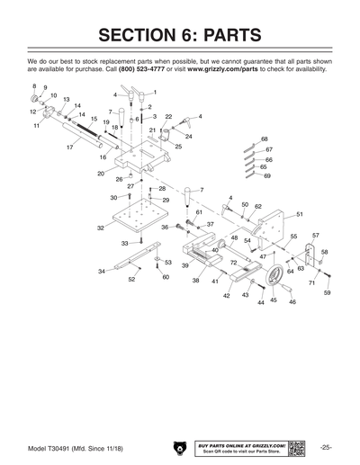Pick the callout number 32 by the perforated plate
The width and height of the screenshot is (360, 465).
point(101,228)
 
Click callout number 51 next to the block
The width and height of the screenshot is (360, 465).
point(299,214)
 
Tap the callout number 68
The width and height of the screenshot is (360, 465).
point(265,139)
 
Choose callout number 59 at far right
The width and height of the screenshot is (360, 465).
point(327,293)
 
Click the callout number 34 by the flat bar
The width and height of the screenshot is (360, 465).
point(102,271)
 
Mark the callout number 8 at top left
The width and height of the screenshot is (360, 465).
point(34,86)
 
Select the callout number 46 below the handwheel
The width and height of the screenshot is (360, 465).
point(292,302)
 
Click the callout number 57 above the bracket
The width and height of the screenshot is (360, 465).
point(315,236)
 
